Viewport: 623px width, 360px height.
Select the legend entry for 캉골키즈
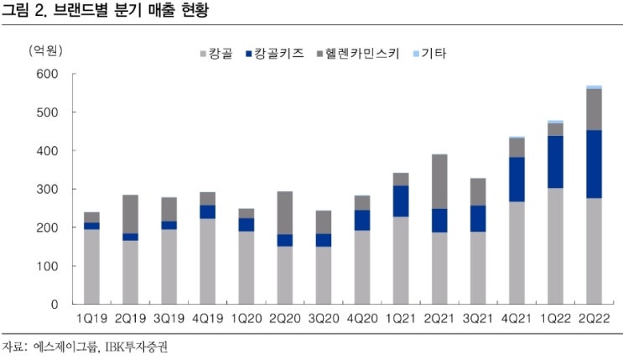coord(275,55)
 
